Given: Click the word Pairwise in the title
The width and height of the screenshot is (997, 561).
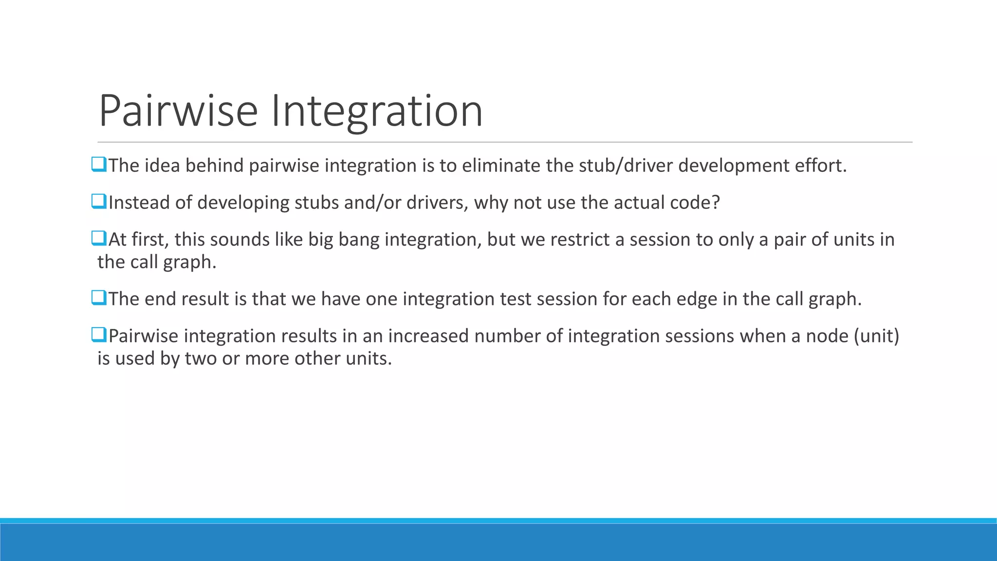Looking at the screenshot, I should tap(178, 111).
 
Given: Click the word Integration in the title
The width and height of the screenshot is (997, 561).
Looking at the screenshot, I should tap(376, 111).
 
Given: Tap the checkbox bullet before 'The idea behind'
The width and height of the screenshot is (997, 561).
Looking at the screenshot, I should tap(99, 165).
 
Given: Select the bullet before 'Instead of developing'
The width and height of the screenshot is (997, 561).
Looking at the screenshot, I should tap(99, 202).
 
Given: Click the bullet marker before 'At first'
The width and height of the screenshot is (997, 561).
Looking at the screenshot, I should tap(99, 239).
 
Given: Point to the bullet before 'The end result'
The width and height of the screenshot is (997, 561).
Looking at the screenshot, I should tap(99, 298).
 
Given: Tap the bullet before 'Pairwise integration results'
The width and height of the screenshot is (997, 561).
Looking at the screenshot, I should tap(99, 335).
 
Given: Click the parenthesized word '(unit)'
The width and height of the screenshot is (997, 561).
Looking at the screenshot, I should tap(876, 336).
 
